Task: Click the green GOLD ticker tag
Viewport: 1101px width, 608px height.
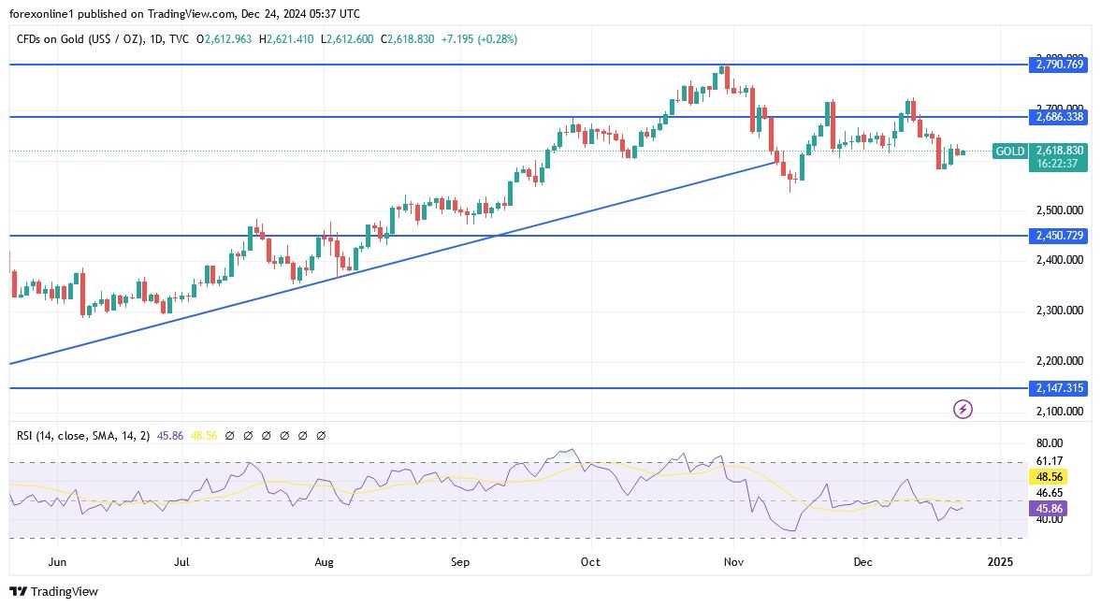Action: tap(1009, 151)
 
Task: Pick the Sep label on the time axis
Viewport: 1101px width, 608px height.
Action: tap(459, 562)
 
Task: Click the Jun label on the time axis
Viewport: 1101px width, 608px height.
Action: tap(56, 562)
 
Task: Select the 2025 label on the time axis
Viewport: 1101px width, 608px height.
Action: tap(1000, 562)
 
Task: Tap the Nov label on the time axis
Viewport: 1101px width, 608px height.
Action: tap(733, 562)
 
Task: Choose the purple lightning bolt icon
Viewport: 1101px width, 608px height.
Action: tap(962, 409)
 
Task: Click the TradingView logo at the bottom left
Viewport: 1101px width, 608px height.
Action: tap(54, 591)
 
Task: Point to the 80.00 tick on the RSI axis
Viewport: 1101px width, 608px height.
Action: tap(1050, 443)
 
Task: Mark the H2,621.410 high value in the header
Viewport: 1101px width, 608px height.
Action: tap(286, 39)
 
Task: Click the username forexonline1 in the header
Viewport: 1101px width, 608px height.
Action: tap(44, 14)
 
